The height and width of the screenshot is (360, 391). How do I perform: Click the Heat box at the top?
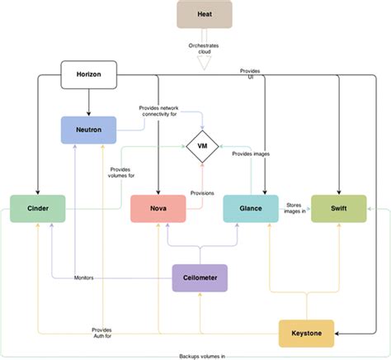(x=204, y=14)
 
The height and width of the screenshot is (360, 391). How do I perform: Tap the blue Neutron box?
(x=88, y=130)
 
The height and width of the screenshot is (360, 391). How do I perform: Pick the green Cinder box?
(x=36, y=209)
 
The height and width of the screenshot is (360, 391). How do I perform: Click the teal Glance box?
(x=250, y=209)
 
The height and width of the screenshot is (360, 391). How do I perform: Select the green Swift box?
(x=338, y=209)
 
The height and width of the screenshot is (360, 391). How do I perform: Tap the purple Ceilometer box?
(x=200, y=277)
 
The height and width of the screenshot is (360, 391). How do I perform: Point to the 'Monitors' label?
(x=83, y=277)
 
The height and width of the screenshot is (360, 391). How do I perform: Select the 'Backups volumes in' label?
(x=203, y=355)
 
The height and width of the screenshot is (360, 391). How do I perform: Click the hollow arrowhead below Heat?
(x=204, y=59)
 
